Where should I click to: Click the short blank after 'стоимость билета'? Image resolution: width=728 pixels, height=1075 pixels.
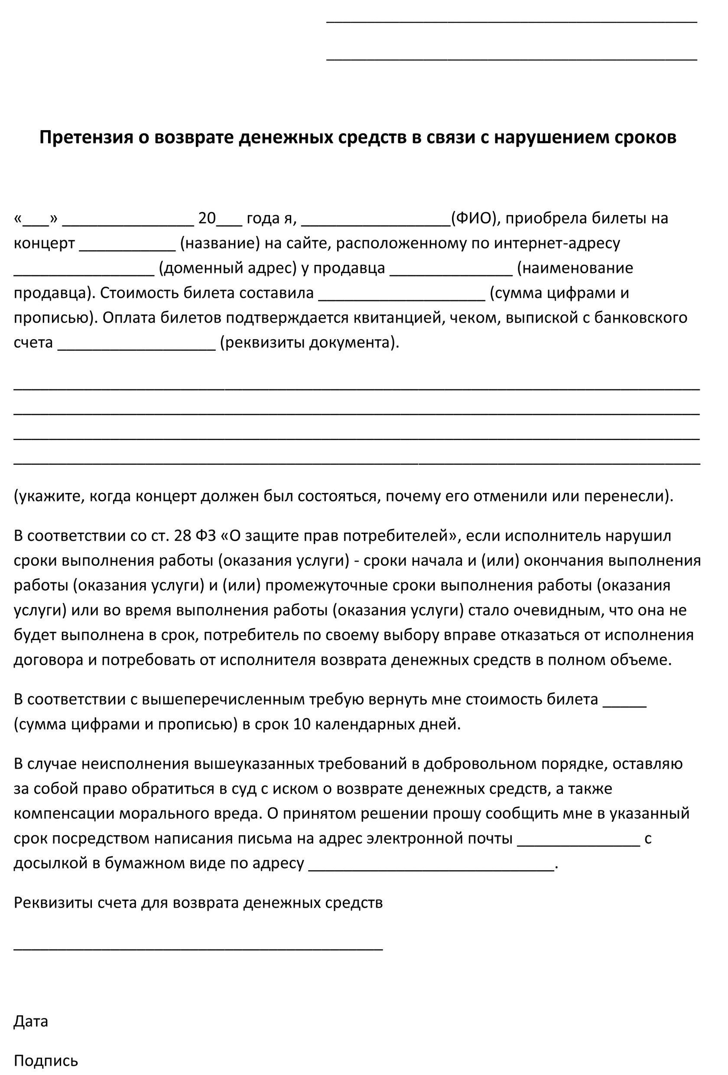[x=624, y=702]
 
